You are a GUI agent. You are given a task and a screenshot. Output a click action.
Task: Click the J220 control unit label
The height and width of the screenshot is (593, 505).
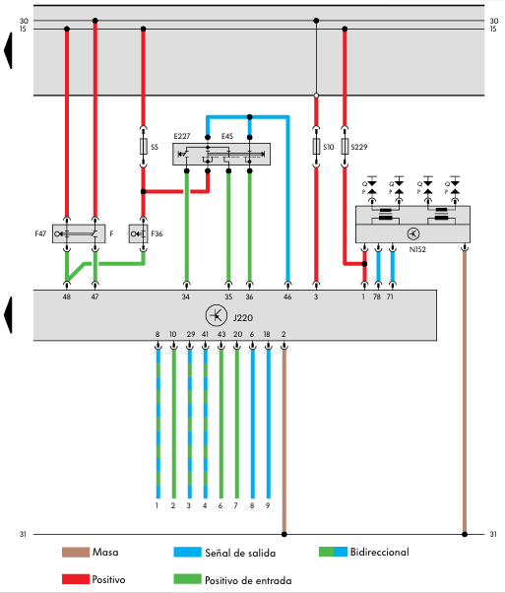tap(243, 317)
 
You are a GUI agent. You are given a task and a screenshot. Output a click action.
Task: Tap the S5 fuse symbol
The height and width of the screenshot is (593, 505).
tap(144, 147)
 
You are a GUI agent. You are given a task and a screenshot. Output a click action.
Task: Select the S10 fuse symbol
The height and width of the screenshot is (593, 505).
tap(316, 147)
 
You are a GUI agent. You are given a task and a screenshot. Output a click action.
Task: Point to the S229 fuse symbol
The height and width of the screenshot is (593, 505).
tap(345, 147)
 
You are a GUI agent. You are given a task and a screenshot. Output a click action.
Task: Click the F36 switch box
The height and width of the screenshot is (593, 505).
tap(139, 233)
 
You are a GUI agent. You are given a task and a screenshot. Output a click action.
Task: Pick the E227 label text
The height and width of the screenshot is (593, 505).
tap(182, 136)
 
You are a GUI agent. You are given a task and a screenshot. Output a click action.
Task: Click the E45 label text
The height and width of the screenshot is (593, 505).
tap(227, 136)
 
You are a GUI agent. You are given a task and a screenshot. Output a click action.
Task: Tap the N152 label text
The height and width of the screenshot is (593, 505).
tap(417, 249)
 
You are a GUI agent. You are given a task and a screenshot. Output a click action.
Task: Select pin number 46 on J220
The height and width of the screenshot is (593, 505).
tap(287, 296)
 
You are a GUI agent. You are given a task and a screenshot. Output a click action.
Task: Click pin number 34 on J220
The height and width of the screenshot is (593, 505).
tap(185, 296)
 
